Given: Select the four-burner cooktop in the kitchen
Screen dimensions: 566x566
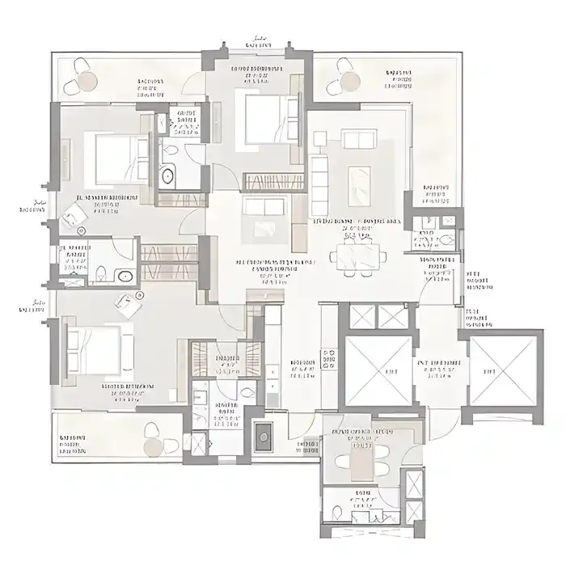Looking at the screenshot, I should (329, 358).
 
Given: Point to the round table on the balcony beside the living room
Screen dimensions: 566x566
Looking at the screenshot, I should (349, 81).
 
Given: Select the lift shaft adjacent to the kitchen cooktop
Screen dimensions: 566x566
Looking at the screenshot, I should (378, 369).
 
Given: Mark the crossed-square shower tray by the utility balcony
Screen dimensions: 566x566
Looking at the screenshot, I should (196, 442).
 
